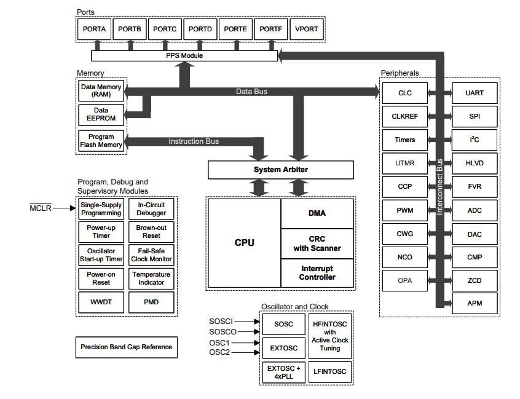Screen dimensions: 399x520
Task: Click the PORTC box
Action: (165, 29)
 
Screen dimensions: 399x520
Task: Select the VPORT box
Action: (307, 29)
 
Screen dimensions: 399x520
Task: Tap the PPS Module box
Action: (184, 56)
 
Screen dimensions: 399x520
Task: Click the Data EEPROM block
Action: (101, 114)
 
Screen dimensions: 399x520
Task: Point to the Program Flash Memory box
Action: (101, 141)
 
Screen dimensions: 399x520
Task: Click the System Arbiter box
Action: (281, 170)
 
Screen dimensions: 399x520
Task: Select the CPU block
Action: (244, 242)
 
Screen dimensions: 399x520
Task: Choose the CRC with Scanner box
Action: (317, 243)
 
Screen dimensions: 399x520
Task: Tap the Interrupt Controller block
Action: (317, 273)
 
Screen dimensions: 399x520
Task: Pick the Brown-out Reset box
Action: (151, 232)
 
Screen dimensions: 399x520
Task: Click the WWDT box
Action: (101, 302)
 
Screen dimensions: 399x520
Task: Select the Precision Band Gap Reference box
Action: (127, 347)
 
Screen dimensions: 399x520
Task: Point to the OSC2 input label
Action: (219, 352)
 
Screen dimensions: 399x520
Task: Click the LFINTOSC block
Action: (329, 371)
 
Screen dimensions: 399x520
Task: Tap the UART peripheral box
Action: (475, 93)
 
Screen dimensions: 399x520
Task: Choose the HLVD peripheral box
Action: (475, 163)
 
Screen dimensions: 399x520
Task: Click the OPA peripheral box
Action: (404, 280)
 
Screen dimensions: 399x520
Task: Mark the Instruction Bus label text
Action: (194, 141)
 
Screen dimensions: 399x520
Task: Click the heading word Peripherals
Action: (400, 73)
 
